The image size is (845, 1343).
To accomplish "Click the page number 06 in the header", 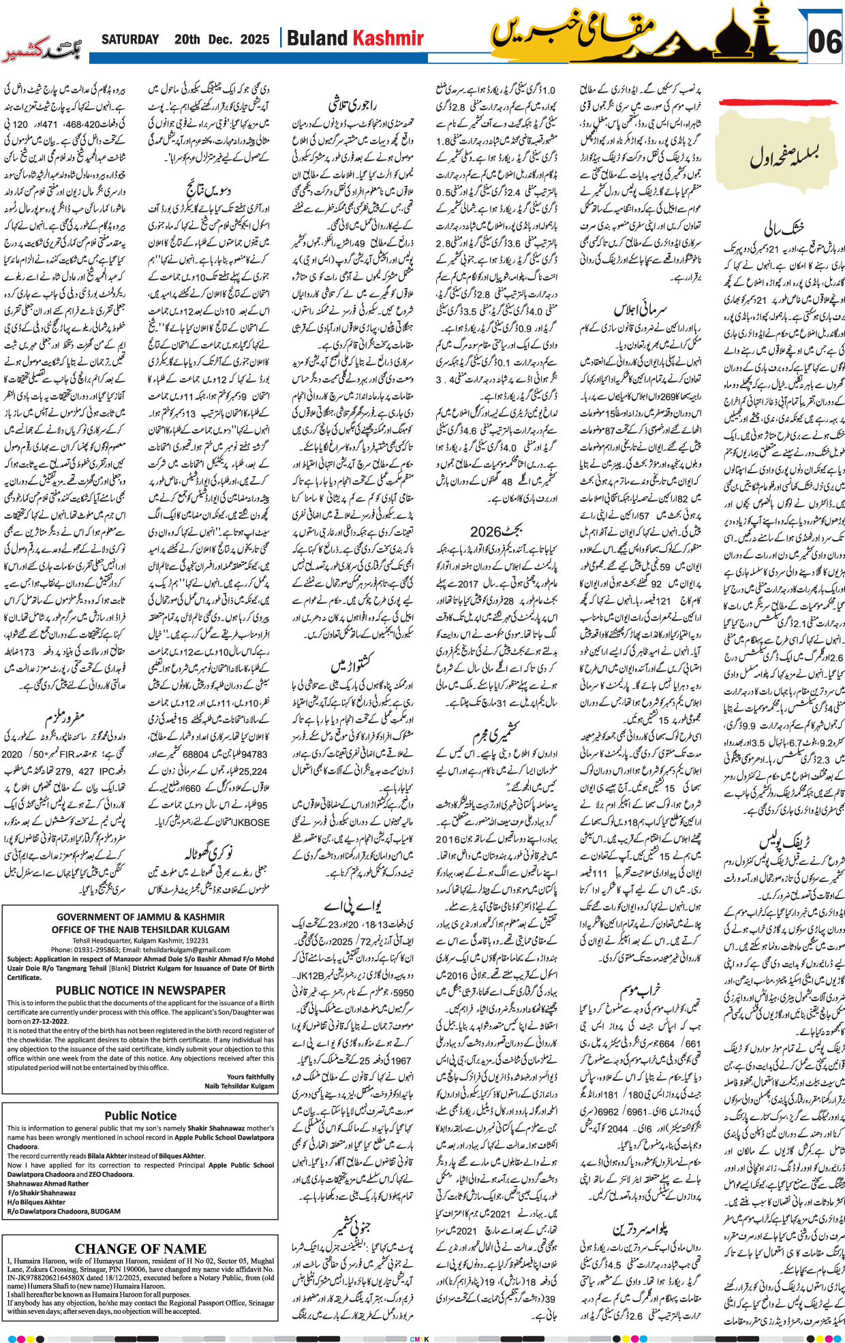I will (x=825, y=42).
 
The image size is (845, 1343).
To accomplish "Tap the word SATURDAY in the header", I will (x=130, y=39).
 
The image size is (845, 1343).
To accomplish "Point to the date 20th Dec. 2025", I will (x=221, y=39).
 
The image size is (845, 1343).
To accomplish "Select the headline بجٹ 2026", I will (x=497, y=531).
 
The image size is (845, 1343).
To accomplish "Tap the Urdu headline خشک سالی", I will (x=784, y=227).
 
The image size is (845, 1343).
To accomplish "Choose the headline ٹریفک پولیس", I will (x=785, y=842).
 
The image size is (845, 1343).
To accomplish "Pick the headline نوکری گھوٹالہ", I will (x=209, y=853).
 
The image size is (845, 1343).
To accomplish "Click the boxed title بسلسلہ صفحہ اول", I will (x=784, y=156).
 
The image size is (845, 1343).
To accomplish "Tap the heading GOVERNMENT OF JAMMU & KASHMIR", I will (x=140, y=917).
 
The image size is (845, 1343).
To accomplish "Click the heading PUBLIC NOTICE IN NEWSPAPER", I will (x=140, y=991).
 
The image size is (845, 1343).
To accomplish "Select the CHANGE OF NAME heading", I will (x=140, y=1249).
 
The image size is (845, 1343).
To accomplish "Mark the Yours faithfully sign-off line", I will (x=250, y=1077).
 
